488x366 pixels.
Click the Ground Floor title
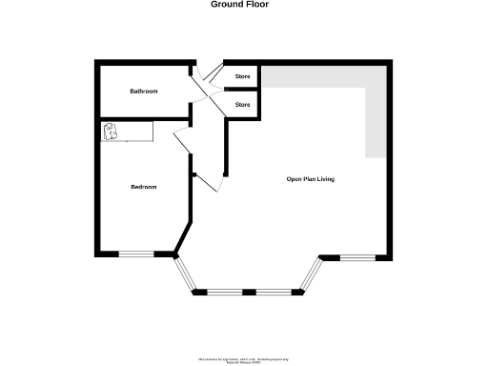click(x=239, y=5)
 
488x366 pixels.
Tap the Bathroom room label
click(x=144, y=91)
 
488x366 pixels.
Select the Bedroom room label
click(x=144, y=187)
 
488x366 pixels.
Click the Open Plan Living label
click(x=311, y=179)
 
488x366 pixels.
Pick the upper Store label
click(x=242, y=74)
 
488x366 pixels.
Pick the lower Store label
click(x=242, y=103)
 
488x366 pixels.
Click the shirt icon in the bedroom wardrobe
click(x=112, y=132)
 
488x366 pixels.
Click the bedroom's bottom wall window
click(x=135, y=254)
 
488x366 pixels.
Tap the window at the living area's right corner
click(x=358, y=257)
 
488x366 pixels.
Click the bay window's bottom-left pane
click(x=223, y=291)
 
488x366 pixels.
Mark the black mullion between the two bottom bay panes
click(x=249, y=291)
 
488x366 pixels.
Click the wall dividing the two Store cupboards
click(x=242, y=89)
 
